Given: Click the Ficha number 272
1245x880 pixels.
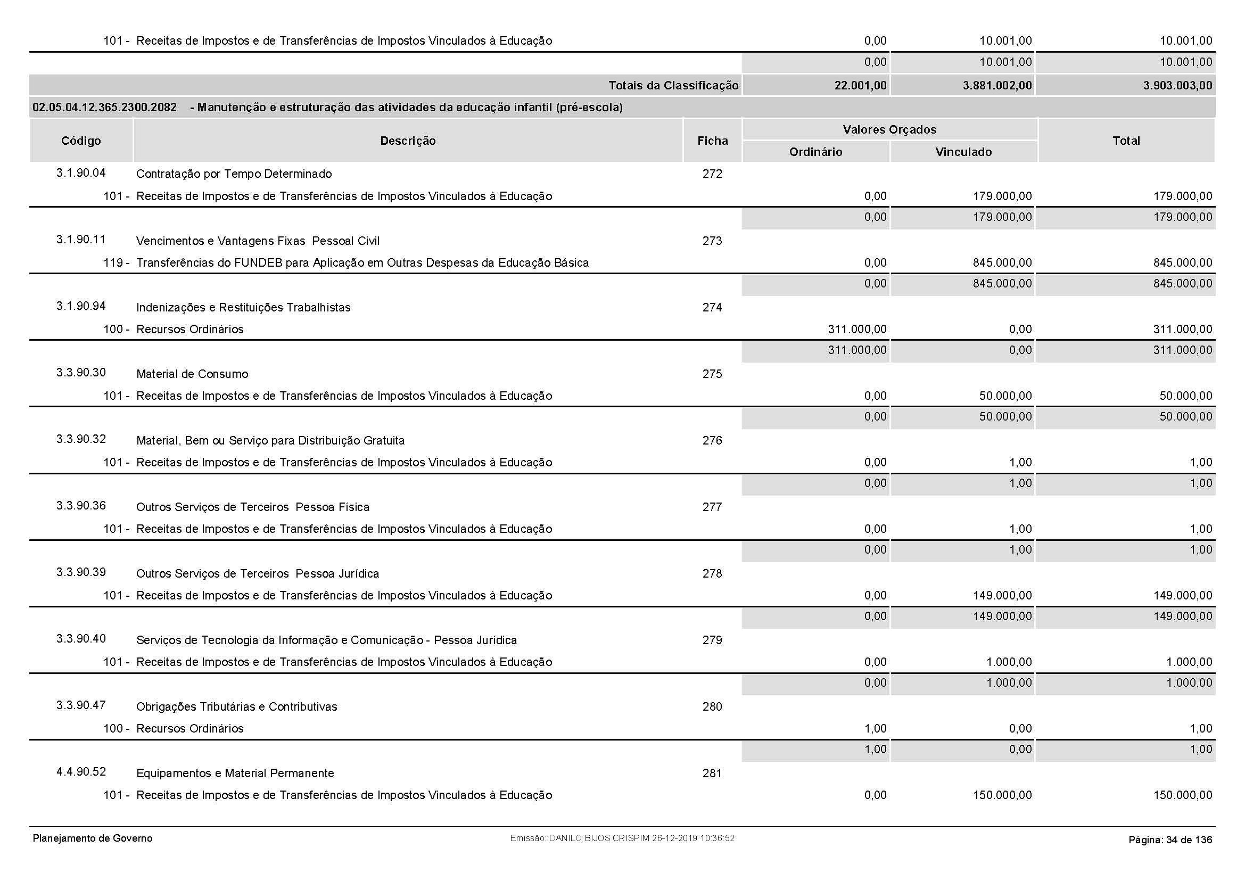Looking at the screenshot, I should pyautogui.click(x=712, y=174).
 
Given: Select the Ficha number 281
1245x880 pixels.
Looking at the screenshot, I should pyautogui.click(x=712, y=773).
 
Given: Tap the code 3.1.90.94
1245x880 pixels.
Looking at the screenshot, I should pyautogui.click(x=81, y=306).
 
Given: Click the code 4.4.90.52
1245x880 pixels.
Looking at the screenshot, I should pyautogui.click(x=81, y=772).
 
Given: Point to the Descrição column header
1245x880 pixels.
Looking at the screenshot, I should pyautogui.click(x=408, y=141).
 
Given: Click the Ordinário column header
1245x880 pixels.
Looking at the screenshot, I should pyautogui.click(x=815, y=152).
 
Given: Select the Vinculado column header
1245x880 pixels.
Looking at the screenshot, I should pyautogui.click(x=963, y=152).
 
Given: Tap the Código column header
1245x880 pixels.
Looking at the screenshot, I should pyautogui.click(x=81, y=141).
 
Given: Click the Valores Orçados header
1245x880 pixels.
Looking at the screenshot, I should pyautogui.click(x=889, y=129).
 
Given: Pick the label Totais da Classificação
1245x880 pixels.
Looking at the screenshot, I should pyautogui.click(x=673, y=86).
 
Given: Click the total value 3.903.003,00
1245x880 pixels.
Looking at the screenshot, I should pyautogui.click(x=1177, y=86).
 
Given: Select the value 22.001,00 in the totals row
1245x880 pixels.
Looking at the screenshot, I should pyautogui.click(x=860, y=86).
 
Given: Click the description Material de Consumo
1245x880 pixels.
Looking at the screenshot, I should pyautogui.click(x=192, y=374).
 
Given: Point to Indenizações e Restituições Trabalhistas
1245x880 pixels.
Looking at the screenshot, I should pyautogui.click(x=243, y=307).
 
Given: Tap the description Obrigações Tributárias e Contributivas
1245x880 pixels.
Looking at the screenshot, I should pyautogui.click(x=236, y=706).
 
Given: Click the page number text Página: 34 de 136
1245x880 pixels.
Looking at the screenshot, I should pyautogui.click(x=1169, y=840).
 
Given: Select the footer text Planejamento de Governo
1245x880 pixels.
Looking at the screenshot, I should pyautogui.click(x=93, y=838).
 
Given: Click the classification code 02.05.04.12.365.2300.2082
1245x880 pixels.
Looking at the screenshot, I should pyautogui.click(x=105, y=108).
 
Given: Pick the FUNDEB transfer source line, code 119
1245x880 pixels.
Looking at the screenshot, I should pyautogui.click(x=346, y=263).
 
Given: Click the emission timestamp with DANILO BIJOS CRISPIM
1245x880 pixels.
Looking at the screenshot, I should pyautogui.click(x=622, y=838).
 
